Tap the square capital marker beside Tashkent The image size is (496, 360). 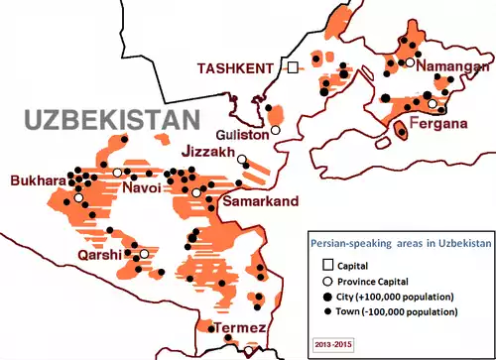(294, 67)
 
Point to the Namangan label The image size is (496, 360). (453, 66)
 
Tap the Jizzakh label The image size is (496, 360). (209, 153)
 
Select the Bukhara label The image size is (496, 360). (37, 181)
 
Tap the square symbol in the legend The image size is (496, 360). (327, 265)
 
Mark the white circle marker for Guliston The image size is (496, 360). (277, 129)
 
